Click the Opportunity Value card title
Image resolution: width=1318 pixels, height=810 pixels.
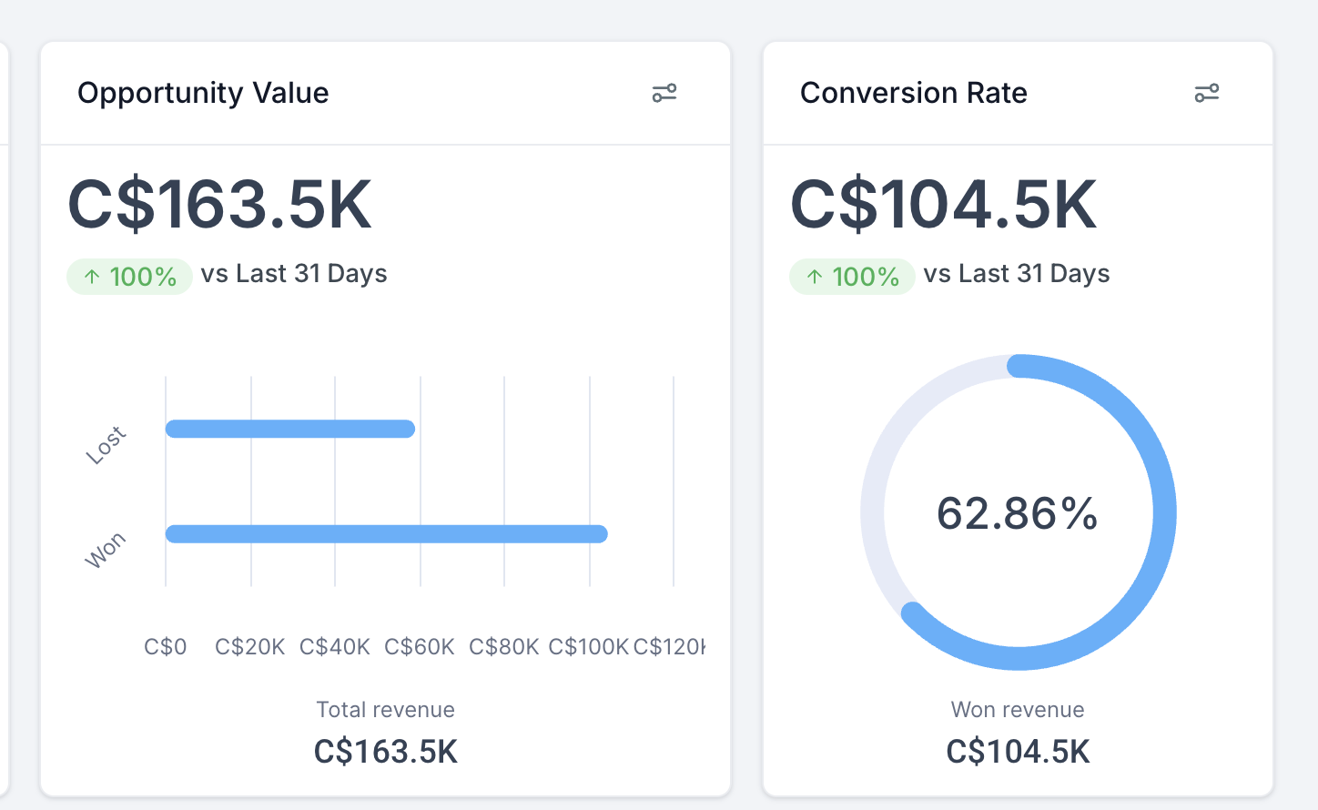203,93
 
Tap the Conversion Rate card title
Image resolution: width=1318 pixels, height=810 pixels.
913,93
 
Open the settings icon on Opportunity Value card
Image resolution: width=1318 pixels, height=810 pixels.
664,93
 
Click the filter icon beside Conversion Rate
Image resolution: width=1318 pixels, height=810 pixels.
1206,93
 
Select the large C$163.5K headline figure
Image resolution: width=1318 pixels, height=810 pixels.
220,205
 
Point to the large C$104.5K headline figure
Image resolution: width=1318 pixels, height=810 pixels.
944,205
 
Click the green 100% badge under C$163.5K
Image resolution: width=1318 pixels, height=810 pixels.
129,277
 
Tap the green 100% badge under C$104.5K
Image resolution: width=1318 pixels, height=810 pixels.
852,277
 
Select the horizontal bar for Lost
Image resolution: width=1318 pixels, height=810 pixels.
290,429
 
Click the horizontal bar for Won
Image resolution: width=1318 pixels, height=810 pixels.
386,534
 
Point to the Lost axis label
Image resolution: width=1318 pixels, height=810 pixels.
106,445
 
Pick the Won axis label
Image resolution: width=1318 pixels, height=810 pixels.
106,551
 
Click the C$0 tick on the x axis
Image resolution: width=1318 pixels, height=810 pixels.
166,647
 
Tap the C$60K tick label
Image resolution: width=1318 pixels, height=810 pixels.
419,647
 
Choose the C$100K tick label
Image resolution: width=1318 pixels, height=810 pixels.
588,647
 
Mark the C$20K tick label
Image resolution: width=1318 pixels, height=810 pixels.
250,647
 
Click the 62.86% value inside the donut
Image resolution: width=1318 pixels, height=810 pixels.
1018,513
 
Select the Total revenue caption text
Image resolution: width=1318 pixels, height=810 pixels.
385,710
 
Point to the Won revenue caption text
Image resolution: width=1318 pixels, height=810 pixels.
1018,710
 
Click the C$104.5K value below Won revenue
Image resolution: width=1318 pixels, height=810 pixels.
1018,752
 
